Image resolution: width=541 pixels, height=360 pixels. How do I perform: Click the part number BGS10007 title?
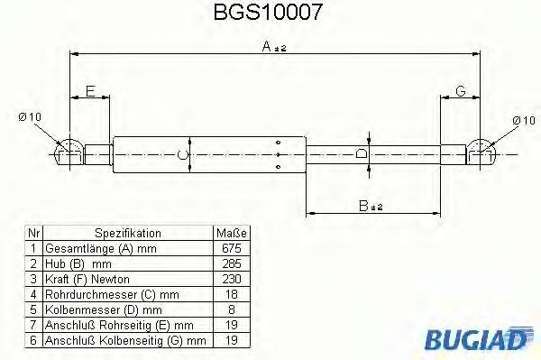click(269, 14)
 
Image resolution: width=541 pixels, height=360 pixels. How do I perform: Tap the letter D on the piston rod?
click(362, 154)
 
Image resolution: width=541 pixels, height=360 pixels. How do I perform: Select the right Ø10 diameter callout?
click(522, 119)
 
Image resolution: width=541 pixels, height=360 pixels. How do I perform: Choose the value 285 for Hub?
click(231, 263)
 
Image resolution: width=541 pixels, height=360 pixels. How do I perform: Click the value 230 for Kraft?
click(231, 279)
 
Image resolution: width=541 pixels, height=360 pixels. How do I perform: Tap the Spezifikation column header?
click(127, 233)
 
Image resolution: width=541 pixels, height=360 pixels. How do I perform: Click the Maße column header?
click(231, 233)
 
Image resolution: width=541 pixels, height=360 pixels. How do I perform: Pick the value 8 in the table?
click(231, 309)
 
